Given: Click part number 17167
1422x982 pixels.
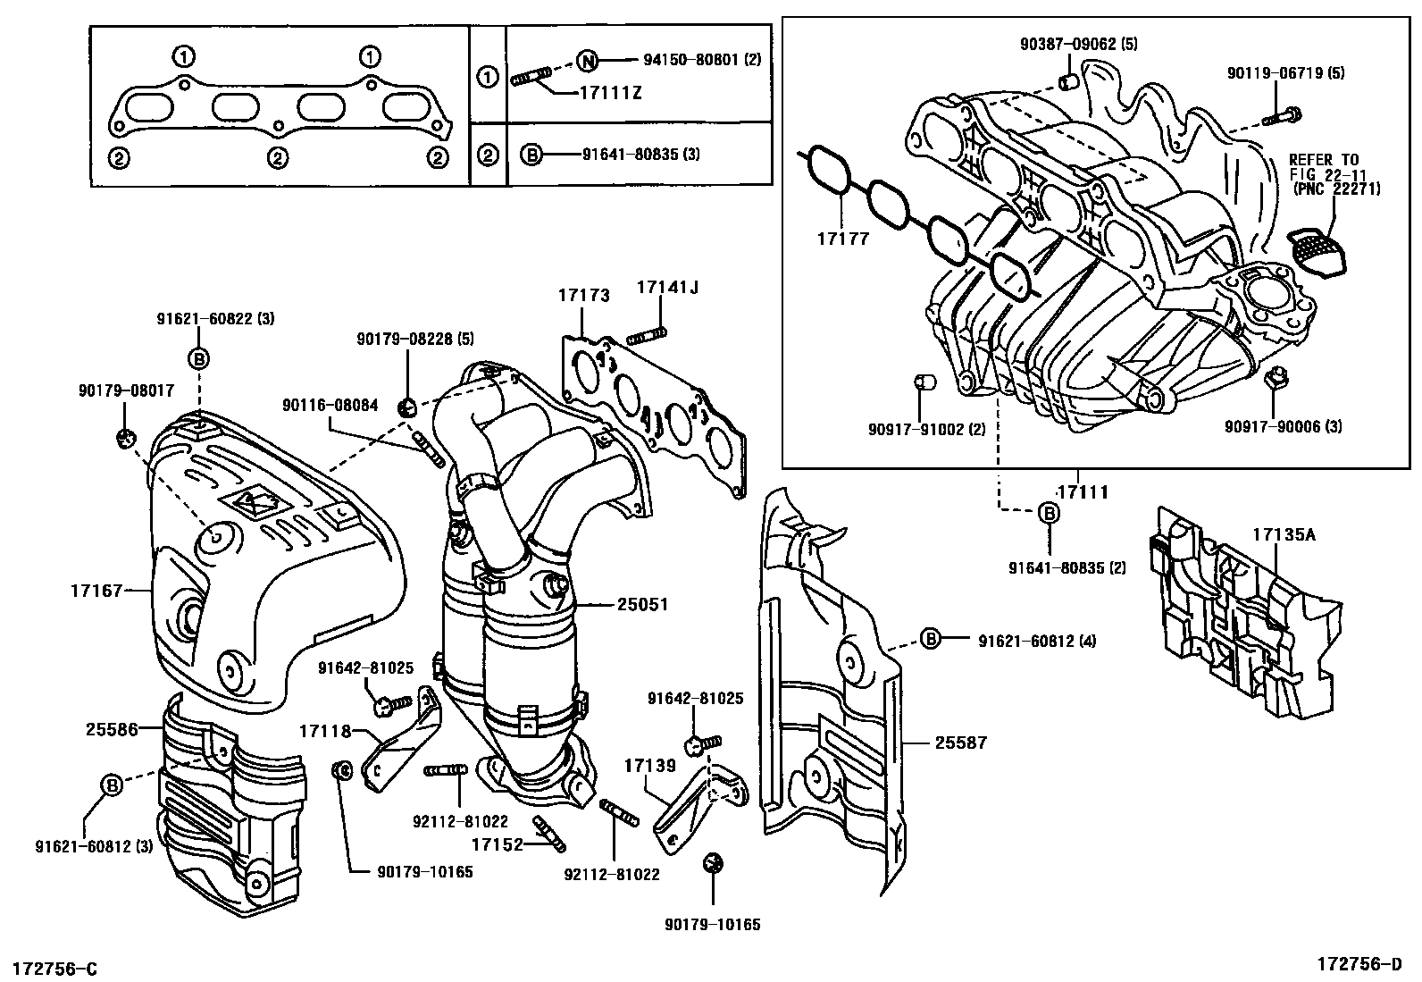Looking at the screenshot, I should [96, 590].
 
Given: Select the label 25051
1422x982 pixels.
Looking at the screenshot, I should [642, 605].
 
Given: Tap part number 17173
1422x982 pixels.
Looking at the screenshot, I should [584, 294].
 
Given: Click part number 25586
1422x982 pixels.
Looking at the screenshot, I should [113, 729].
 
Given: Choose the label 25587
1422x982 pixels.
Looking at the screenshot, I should [961, 743].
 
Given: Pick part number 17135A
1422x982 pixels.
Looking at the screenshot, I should [1284, 535].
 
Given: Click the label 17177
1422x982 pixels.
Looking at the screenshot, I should [842, 240].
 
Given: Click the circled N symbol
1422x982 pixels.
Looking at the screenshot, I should [586, 61].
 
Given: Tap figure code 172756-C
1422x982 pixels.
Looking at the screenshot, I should [54, 969].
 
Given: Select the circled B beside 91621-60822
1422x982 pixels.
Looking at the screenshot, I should [199, 359].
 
